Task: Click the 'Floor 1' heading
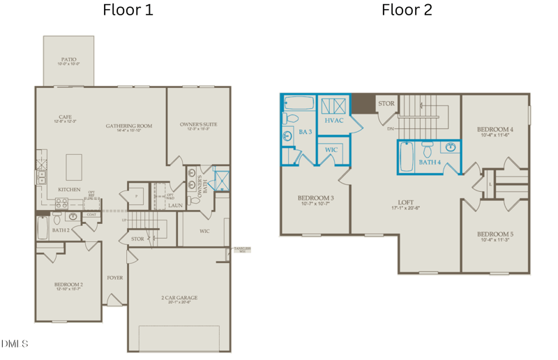click(128, 10)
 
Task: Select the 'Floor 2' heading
click(406, 10)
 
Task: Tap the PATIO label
click(68, 60)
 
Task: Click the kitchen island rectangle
click(74, 167)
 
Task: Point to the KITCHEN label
click(68, 190)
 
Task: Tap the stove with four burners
click(61, 204)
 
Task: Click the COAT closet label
click(92, 215)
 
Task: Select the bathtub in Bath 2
click(43, 227)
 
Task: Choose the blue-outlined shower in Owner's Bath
click(222, 180)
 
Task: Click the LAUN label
click(175, 206)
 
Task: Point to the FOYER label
click(114, 278)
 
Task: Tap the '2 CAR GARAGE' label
click(179, 298)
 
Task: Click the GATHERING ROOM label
click(129, 126)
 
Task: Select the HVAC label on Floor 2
click(335, 120)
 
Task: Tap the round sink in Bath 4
click(451, 147)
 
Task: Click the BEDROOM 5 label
click(495, 234)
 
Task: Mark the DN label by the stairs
click(391, 129)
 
